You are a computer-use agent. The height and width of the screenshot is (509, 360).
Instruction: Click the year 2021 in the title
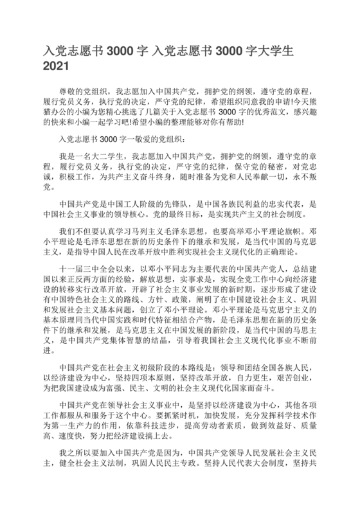tap(56, 66)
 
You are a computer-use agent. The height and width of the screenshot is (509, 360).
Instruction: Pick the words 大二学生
tap(105, 156)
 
